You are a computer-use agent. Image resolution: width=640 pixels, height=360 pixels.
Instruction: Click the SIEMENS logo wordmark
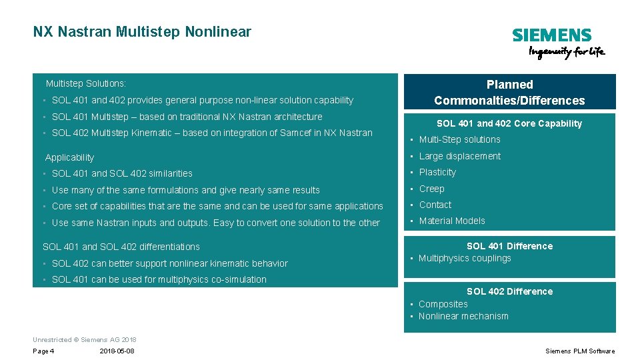click(551, 35)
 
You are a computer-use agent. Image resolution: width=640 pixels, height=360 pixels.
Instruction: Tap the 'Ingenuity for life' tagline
click(566, 53)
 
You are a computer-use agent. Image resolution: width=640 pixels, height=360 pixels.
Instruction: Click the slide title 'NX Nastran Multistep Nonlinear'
click(142, 31)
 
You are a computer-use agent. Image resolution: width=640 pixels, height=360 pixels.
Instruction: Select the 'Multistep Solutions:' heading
click(85, 84)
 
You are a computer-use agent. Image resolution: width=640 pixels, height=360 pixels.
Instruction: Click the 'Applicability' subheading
click(69, 157)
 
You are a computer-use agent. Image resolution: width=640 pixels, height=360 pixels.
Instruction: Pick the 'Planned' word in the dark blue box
click(509, 85)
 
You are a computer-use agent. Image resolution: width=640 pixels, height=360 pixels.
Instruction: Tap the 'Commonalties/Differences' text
click(509, 101)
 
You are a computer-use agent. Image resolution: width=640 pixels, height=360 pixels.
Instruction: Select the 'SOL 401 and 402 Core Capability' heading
click(509, 123)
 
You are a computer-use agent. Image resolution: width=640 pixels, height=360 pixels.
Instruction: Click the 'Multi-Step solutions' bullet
click(459, 139)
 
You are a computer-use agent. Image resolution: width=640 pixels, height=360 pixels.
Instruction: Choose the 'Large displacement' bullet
click(459, 156)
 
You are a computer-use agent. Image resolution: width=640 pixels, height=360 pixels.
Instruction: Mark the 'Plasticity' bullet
click(437, 172)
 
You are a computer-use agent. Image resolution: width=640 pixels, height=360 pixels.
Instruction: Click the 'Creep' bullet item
click(431, 189)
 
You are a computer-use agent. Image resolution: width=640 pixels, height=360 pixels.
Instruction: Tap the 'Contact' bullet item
click(435, 205)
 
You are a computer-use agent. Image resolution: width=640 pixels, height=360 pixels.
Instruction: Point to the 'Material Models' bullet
click(452, 221)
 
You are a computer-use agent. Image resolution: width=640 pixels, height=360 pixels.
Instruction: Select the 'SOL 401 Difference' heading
click(509, 246)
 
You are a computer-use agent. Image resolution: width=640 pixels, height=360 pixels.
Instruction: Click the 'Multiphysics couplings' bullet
click(465, 258)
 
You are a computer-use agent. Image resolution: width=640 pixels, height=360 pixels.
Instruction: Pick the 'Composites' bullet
click(443, 304)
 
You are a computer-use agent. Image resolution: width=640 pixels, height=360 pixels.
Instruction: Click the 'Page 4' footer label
click(43, 351)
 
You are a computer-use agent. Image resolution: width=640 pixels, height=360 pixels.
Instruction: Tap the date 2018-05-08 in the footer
click(117, 351)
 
